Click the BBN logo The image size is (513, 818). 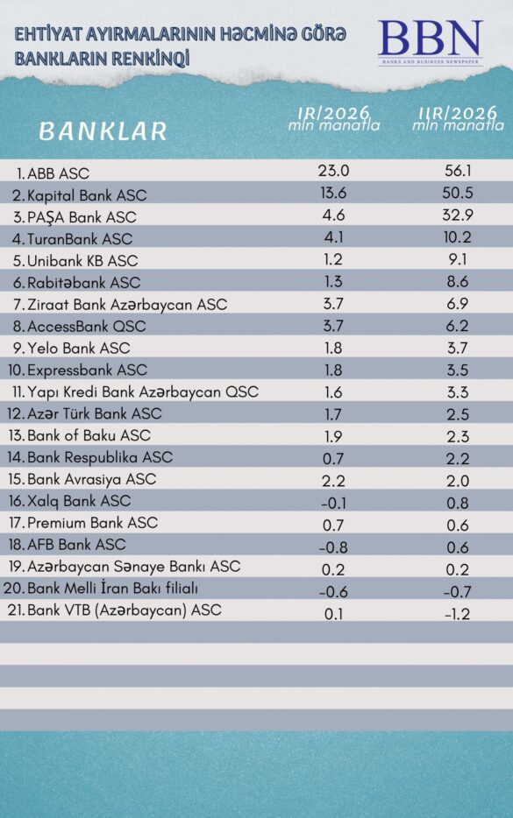431,42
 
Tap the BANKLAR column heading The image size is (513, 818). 103,131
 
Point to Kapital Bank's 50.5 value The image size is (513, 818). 458,193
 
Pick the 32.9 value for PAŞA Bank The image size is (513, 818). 458,215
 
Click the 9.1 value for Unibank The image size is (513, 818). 458,258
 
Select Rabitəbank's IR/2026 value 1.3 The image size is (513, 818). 333,281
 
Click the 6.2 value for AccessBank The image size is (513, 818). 458,326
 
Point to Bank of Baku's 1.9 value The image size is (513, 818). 333,436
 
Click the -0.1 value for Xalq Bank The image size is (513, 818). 333,503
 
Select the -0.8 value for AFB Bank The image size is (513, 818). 333,547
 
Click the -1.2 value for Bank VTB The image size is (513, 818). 458,614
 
